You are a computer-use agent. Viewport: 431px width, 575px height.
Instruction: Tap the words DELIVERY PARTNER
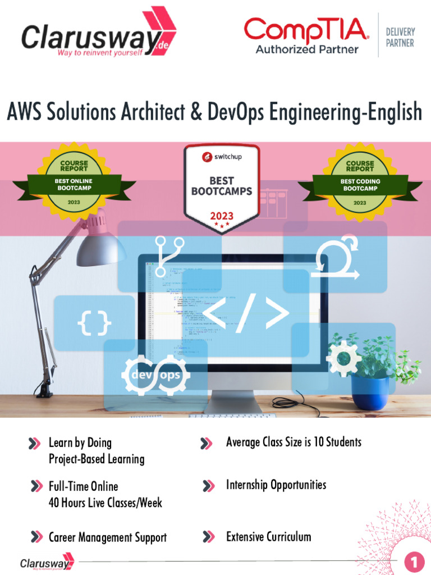coord(400,38)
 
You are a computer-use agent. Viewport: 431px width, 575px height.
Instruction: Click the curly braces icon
coord(94,323)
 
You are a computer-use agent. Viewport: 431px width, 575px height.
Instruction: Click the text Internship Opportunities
coord(276,485)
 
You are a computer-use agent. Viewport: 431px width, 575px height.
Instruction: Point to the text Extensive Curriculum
coord(268,537)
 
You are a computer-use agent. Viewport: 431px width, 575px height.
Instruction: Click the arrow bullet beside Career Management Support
coord(36,537)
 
